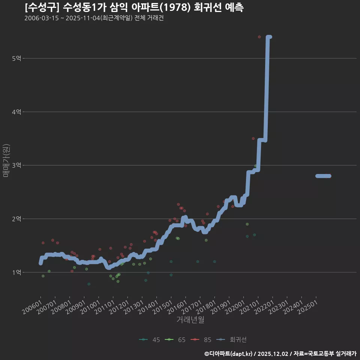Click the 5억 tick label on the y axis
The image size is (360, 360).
click(16, 58)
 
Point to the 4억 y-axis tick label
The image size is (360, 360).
click(16, 112)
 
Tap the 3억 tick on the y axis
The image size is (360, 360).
click(16, 165)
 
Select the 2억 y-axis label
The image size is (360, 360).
click(16, 219)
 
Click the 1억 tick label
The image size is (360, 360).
click(16, 273)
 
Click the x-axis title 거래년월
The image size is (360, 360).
click(190, 320)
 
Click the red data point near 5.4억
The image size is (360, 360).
click(259, 37)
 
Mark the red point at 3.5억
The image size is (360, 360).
click(253, 139)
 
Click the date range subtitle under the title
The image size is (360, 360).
click(94, 18)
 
